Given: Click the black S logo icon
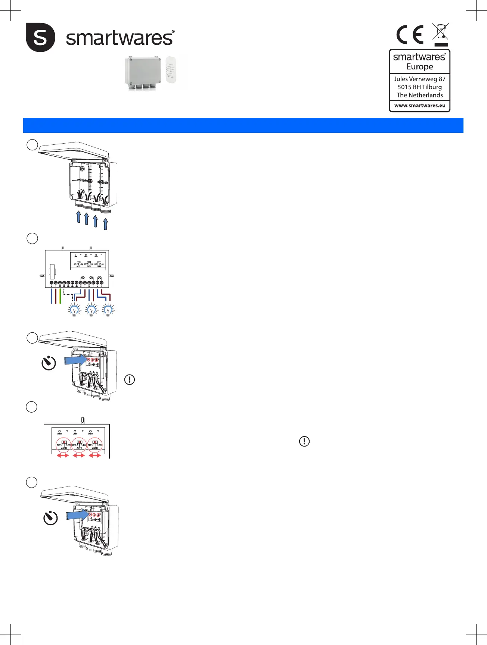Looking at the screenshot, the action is [x=40, y=37].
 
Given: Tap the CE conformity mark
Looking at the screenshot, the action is [x=410, y=35].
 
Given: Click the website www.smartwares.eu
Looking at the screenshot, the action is [x=420, y=106].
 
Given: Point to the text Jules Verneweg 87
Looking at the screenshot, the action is [x=419, y=79].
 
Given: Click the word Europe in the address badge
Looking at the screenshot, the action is [x=420, y=67].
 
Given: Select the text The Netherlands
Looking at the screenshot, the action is [x=420, y=95].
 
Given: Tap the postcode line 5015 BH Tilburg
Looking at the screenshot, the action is [x=419, y=87].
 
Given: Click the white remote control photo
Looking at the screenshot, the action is [x=171, y=70].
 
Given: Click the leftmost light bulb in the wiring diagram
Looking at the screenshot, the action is [x=75, y=310].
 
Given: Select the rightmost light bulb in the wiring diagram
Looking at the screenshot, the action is [x=108, y=310].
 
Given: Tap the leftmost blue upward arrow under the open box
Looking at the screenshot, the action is [x=78, y=217].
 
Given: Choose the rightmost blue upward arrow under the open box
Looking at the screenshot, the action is [x=106, y=224].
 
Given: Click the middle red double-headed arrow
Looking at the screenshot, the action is [x=79, y=455].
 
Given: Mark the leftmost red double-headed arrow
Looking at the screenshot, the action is [x=63, y=455].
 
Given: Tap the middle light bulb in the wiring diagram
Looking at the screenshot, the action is [x=91, y=310].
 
